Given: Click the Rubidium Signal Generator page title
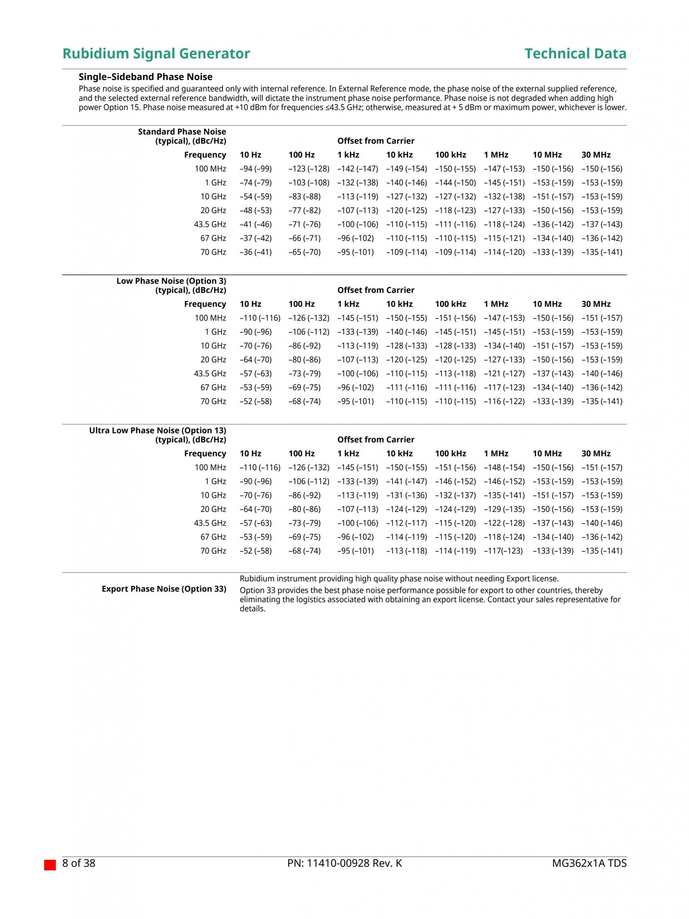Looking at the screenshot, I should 156,53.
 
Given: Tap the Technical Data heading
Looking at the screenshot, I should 575,53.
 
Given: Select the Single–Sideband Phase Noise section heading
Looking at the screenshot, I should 145,77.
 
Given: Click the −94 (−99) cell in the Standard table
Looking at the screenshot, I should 256,169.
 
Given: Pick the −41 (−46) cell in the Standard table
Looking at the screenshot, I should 256,224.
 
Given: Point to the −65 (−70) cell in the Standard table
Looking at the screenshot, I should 305,252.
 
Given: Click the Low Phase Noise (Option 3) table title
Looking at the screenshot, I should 171,281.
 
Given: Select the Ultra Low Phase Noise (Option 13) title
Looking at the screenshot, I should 158,430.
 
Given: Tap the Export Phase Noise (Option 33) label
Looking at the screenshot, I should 164,589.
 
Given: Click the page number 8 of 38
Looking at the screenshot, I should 79,863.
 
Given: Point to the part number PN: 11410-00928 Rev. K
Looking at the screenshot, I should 344,863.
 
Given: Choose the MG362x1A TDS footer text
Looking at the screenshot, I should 589,863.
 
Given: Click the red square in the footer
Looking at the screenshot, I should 50,865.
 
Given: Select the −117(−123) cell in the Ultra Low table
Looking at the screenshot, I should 503,551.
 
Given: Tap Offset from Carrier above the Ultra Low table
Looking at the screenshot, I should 376,440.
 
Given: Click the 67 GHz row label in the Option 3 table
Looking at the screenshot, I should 213,388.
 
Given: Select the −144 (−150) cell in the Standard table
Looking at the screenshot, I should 455,183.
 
